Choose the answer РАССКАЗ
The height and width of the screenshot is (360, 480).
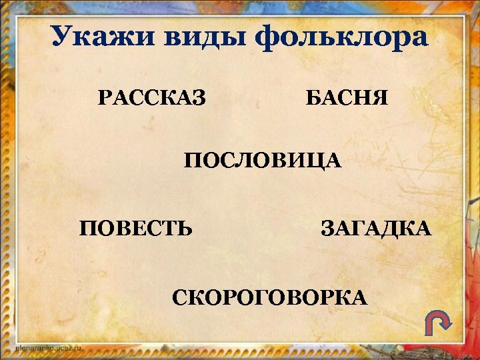[151, 99]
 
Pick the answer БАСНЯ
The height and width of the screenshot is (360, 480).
[346, 99]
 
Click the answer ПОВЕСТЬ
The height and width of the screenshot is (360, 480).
[137, 229]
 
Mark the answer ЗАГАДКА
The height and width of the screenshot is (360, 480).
[376, 229]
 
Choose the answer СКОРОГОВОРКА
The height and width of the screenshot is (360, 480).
[269, 297]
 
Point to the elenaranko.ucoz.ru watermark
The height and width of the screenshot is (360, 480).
[47, 347]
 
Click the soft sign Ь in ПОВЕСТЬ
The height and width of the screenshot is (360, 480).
[185, 229]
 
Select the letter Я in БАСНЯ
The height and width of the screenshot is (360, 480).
[379, 99]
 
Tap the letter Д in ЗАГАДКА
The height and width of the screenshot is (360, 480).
[388, 229]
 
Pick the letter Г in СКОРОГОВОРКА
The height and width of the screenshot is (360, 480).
[247, 297]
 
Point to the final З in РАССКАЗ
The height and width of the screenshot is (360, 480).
[198, 99]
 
